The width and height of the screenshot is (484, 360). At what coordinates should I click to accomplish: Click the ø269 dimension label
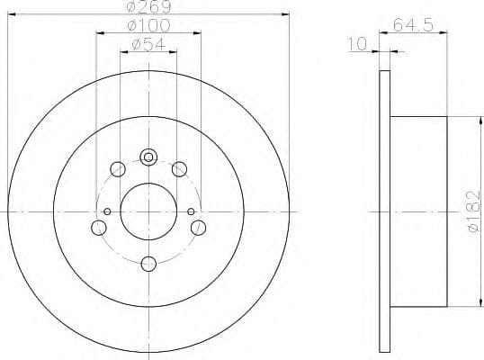tap(148, 8)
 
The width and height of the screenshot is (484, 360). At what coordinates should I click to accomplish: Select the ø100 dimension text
tap(148, 26)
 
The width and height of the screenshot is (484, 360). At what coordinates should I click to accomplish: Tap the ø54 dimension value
tap(149, 44)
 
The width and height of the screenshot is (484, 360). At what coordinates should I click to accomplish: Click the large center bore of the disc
tap(148, 211)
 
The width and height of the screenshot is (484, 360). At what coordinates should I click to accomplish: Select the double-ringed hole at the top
tap(149, 157)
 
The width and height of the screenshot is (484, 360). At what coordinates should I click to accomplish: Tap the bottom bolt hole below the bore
tap(149, 263)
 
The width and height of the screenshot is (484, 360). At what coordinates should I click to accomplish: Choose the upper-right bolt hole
tap(179, 168)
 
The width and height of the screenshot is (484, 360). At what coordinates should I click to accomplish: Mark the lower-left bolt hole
tap(99, 227)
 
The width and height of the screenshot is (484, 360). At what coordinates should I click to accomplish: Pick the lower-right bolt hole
tap(198, 227)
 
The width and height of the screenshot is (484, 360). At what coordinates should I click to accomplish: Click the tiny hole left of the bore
tap(107, 211)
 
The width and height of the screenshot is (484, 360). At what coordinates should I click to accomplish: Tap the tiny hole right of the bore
tap(191, 211)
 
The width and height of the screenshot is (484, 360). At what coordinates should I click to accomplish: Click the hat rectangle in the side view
tap(418, 211)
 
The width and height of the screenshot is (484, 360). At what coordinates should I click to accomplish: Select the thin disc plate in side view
tap(384, 211)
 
